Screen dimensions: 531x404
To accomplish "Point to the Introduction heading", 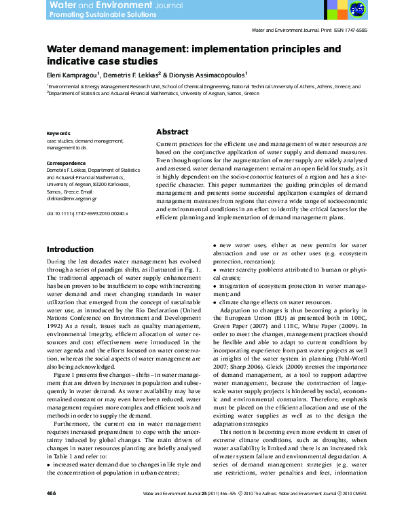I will tap(69, 249).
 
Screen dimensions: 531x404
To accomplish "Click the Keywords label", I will tap(58, 133).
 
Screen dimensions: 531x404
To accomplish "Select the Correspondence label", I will tap(67, 163).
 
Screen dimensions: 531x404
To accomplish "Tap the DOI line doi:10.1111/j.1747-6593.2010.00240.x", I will tap(87, 213).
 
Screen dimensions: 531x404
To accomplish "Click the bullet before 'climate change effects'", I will tap(215, 301).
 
